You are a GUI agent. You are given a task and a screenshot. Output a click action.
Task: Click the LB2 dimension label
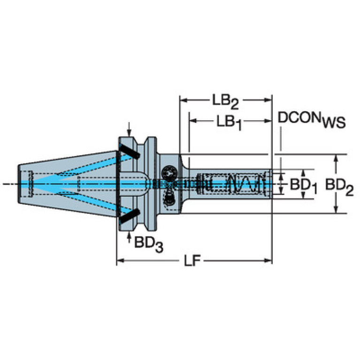(x=225, y=102)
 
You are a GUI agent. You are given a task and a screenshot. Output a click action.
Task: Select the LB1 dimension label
(x=229, y=123)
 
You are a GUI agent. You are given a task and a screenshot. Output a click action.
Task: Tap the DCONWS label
(x=312, y=120)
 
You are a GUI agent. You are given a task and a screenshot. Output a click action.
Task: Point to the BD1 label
(x=304, y=186)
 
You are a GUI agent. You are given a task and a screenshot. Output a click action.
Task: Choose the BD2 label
(x=339, y=186)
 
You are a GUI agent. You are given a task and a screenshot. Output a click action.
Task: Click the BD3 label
(x=149, y=244)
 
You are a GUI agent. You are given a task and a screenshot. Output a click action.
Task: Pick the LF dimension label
(x=192, y=261)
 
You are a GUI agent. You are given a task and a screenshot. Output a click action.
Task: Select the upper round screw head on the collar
(x=169, y=173)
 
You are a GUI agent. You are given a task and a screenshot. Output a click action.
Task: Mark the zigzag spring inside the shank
(x=245, y=184)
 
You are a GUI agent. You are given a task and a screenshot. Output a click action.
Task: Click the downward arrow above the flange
(x=129, y=130)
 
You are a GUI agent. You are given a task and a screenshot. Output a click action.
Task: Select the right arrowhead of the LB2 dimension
(x=268, y=100)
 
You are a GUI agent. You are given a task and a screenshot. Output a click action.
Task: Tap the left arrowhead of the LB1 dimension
(x=193, y=121)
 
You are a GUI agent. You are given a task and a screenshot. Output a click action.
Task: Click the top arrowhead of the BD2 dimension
(x=336, y=159)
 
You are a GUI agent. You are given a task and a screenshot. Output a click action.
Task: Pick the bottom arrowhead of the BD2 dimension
(x=336, y=209)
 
